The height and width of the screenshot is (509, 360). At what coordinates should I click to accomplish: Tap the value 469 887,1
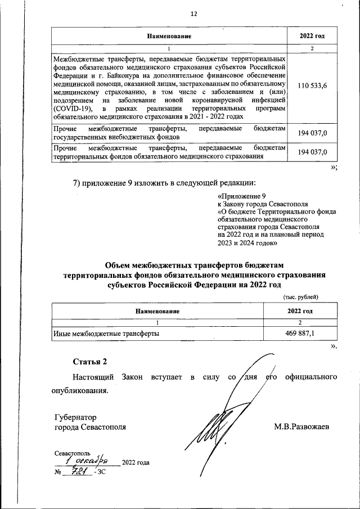pyautogui.click(x=300, y=334)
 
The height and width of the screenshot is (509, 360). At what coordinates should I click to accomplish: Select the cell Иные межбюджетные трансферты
pyautogui.click(x=105, y=334)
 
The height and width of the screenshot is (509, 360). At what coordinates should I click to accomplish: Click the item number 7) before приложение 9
pyautogui.click(x=79, y=183)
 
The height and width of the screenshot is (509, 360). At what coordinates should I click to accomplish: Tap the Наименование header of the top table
pyautogui.click(x=169, y=36)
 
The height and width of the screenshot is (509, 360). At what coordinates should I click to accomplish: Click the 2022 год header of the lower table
pyautogui.click(x=300, y=311)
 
